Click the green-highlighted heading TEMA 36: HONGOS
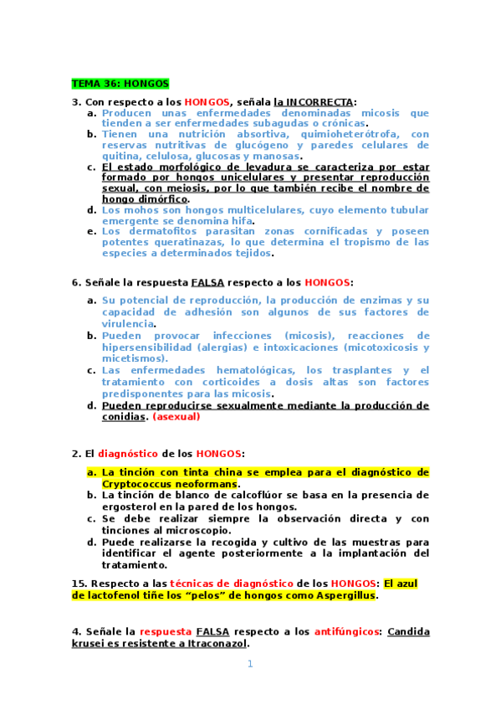pyautogui.click(x=120, y=84)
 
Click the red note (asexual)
pyautogui.click(x=176, y=416)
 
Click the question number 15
pyautogui.click(x=79, y=583)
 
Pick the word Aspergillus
pyautogui.click(x=342, y=595)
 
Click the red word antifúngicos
pyautogui.click(x=347, y=631)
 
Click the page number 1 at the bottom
pyautogui.click(x=249, y=665)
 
